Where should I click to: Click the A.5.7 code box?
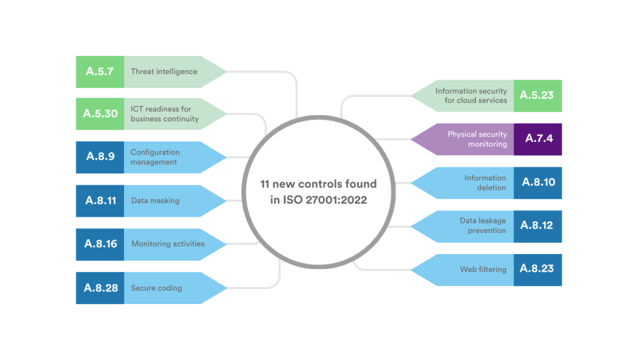click(x=100, y=72)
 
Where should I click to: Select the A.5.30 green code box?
click(x=100, y=114)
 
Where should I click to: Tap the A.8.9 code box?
click(x=100, y=157)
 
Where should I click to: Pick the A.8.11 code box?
click(x=100, y=201)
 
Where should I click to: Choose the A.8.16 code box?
click(x=100, y=244)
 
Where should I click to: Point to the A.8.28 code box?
click(x=100, y=288)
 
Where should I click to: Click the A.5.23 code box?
click(x=538, y=96)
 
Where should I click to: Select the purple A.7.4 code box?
click(x=538, y=139)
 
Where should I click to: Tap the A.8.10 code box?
click(x=538, y=182)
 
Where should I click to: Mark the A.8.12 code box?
click(x=538, y=226)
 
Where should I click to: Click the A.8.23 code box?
click(x=538, y=270)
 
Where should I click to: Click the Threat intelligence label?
click(x=164, y=72)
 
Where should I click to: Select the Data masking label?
click(x=155, y=201)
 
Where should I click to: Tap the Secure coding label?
click(x=156, y=288)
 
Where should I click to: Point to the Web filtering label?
click(x=483, y=270)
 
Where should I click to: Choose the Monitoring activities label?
click(x=168, y=244)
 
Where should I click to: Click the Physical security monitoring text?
click(x=477, y=139)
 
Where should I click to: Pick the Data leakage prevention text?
click(x=483, y=226)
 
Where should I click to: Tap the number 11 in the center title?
click(x=266, y=184)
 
